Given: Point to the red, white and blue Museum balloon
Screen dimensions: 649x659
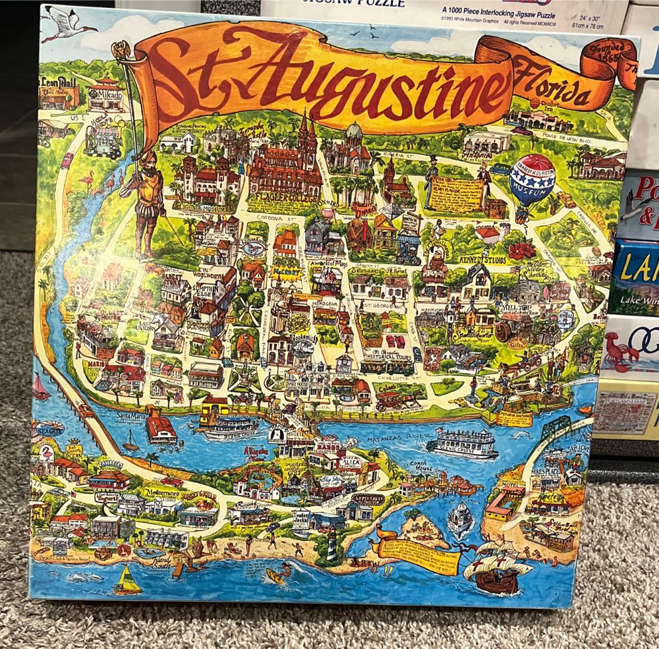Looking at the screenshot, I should click(532, 179).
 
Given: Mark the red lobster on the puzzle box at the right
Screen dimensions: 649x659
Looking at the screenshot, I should click(619, 356).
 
